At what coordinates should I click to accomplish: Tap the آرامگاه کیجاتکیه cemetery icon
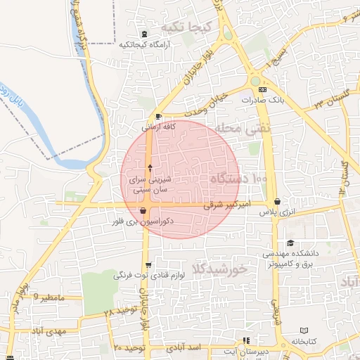pos(144,34)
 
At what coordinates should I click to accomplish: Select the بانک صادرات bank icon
pos(263,90)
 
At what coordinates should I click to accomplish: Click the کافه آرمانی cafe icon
pos(158,117)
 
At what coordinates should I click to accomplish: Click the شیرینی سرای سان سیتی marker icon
pos(149,168)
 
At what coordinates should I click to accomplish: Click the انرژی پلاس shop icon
pos(277,202)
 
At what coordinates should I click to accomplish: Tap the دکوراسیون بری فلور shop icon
pos(143,210)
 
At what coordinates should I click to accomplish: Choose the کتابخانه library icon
pos(304,330)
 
